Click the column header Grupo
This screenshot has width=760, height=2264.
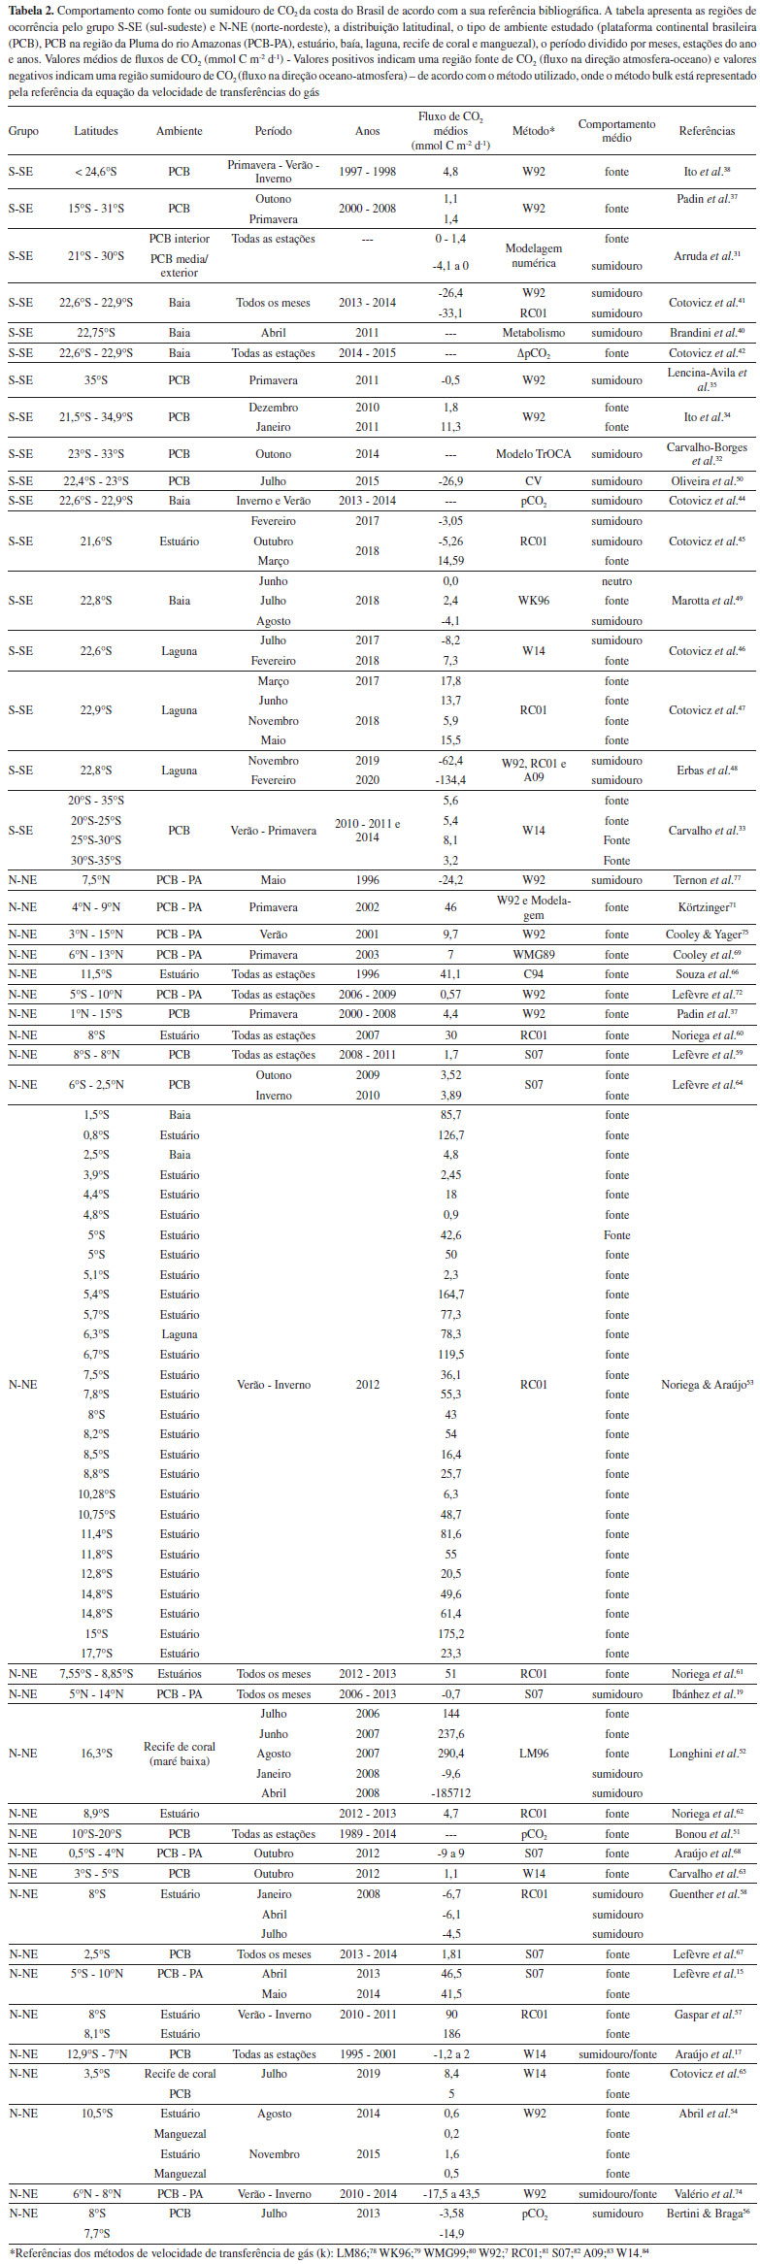pyautogui.click(x=23, y=131)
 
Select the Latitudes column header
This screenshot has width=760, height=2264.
pyautogui.click(x=96, y=131)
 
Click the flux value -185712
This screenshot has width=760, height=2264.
pyautogui.click(x=450, y=1793)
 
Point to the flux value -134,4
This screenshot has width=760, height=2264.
pyautogui.click(x=450, y=780)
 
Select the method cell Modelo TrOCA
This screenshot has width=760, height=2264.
pyautogui.click(x=533, y=454)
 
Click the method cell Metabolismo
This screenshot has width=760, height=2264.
pyautogui.click(x=533, y=333)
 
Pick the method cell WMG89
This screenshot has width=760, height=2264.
pyautogui.click(x=533, y=955)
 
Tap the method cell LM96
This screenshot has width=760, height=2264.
pyautogui.click(x=533, y=1754)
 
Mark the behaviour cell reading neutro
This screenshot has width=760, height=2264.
pyautogui.click(x=616, y=581)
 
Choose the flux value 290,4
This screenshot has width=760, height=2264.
pyautogui.click(x=450, y=1754)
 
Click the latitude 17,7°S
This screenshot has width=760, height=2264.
pyautogui.click(x=96, y=1654)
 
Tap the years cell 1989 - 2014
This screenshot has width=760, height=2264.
pyautogui.click(x=367, y=1834)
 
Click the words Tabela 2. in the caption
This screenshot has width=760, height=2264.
pyautogui.click(x=30, y=9)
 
